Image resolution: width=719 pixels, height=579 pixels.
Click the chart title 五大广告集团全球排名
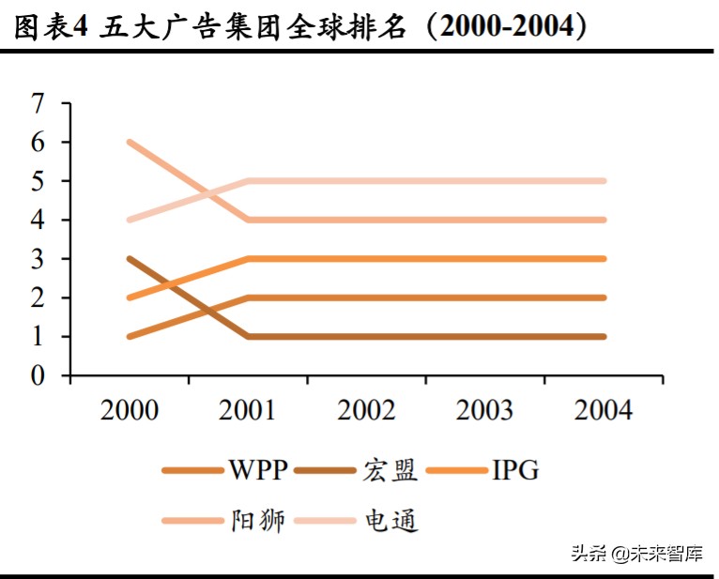coord(252,27)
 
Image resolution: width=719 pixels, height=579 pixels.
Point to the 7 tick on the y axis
coord(38,103)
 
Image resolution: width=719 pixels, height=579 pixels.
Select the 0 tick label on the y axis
coord(38,375)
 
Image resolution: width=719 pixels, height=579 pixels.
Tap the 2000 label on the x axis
coord(130,410)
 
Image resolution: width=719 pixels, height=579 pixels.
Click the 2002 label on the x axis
coord(367,410)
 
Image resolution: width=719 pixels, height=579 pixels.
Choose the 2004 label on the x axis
coord(604,410)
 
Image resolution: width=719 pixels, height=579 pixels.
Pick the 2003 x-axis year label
coord(485,410)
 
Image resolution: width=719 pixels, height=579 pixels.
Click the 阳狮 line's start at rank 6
coord(130,142)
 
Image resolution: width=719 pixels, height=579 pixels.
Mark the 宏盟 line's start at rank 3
coord(130,258)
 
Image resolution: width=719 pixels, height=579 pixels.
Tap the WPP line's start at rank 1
coord(130,336)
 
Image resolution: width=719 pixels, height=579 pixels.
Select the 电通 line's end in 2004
coord(604,181)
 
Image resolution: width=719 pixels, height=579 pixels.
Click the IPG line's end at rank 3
coord(604,258)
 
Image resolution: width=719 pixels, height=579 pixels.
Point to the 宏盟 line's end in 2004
coord(604,336)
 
